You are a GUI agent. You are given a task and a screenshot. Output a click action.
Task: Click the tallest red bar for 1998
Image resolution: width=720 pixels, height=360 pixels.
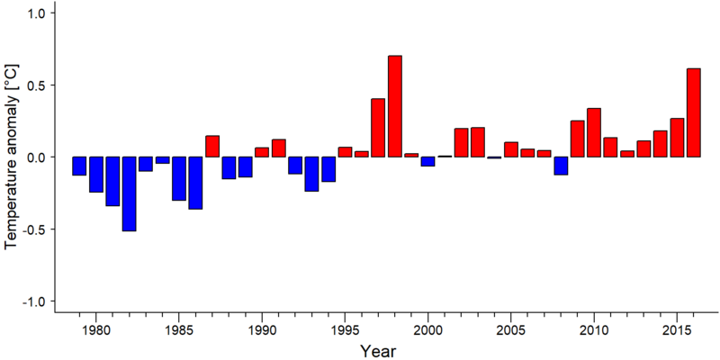pos(395,106)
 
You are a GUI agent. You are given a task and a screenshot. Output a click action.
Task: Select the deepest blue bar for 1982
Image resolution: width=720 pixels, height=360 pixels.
pos(129,193)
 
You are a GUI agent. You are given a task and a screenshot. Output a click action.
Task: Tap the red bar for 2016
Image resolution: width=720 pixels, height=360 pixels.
pos(694,112)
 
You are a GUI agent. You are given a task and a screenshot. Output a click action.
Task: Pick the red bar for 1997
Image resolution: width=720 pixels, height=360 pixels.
pos(378,128)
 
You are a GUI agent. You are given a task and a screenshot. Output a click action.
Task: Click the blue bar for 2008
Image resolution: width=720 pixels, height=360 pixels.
pos(561,166)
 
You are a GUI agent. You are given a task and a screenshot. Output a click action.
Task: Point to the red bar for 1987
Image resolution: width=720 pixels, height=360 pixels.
pos(212,146)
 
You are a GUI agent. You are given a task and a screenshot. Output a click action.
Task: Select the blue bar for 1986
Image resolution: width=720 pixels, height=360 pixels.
pos(195,183)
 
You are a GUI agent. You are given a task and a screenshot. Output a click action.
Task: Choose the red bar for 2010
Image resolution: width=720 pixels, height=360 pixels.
pos(594,132)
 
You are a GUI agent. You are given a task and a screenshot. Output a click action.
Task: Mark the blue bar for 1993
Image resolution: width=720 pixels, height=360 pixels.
pos(311,174)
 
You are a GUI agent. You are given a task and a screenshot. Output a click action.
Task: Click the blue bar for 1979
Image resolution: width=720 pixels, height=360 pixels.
pos(79,166)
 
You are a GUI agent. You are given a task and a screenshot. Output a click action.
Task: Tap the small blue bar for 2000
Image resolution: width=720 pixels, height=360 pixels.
pos(428,161)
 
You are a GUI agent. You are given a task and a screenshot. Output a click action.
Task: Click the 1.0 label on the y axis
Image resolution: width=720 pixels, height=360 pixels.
pos(34,13)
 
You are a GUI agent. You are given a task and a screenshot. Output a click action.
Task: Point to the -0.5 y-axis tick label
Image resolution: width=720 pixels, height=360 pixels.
pos(32,229)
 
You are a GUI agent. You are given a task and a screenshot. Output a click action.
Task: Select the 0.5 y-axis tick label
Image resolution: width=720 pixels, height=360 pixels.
pos(34,85)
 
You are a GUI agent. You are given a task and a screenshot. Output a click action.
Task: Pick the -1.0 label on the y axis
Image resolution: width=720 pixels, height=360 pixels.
pos(32,301)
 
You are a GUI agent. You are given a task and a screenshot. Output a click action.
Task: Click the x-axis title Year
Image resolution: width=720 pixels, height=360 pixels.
pos(377,351)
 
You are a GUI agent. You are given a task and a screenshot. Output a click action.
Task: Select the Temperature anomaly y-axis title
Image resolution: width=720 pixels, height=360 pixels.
pos(13,157)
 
